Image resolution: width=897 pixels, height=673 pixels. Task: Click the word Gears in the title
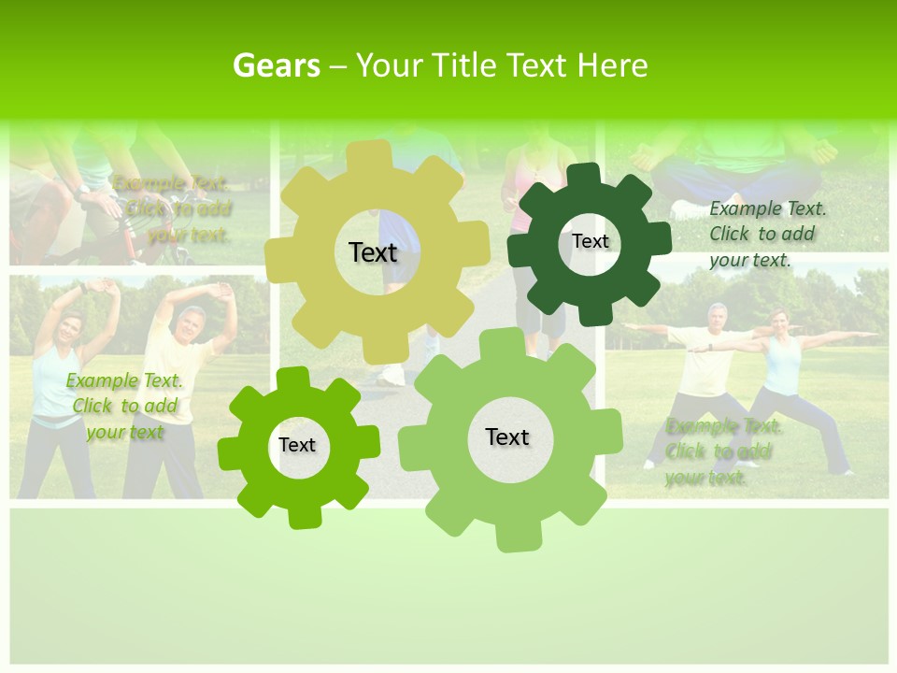[276, 66]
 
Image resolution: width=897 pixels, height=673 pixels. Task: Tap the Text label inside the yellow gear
[373, 252]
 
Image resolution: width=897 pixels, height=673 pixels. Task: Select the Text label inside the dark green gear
[590, 241]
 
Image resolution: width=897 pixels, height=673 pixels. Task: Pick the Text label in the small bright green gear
[297, 445]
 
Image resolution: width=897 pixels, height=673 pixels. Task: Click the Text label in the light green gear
[507, 437]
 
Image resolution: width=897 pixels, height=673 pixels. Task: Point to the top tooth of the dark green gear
[584, 174]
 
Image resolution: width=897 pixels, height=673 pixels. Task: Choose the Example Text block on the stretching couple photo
[125, 406]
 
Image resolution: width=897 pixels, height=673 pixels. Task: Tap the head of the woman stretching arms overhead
[71, 328]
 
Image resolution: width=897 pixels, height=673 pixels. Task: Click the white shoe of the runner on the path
[393, 375]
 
